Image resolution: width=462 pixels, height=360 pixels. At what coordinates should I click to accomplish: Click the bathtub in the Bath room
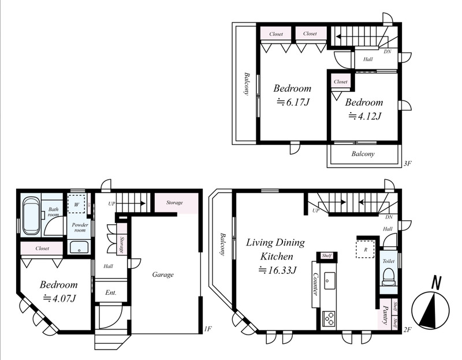point(31,216)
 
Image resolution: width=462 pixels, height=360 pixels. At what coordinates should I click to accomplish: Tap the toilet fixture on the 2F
point(388,277)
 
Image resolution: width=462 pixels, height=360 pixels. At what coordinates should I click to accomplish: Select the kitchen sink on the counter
point(328,280)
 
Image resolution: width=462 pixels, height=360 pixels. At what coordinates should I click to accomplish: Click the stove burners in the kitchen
point(329,319)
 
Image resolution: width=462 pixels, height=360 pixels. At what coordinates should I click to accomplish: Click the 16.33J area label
point(277,270)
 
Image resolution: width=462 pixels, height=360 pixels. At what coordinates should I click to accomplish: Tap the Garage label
point(163,274)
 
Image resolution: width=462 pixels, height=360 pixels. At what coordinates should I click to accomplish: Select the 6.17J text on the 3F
point(293,102)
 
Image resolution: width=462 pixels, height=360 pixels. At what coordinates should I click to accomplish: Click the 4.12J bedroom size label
point(365,116)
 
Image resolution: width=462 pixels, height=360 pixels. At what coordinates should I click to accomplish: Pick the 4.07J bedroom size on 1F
point(60,298)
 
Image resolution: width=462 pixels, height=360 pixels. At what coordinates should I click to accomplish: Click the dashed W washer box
point(77,203)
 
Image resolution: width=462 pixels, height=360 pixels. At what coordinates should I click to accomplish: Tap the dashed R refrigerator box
point(366,249)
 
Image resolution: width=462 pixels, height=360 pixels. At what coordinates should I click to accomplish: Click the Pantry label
point(385,314)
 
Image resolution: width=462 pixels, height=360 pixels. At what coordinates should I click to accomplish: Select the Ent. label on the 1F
point(111,292)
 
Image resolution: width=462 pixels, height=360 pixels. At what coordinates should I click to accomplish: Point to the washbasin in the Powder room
point(79,247)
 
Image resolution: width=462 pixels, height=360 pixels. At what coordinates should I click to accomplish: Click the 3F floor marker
point(407,164)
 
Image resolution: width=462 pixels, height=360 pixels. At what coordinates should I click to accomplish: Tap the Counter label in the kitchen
point(315,284)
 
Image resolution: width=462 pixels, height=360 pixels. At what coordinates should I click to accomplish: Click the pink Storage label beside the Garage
point(174,203)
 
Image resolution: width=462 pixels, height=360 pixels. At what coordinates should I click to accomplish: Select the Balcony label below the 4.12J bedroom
point(363,154)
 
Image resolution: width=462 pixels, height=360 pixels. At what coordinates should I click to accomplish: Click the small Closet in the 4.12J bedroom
point(341,81)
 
